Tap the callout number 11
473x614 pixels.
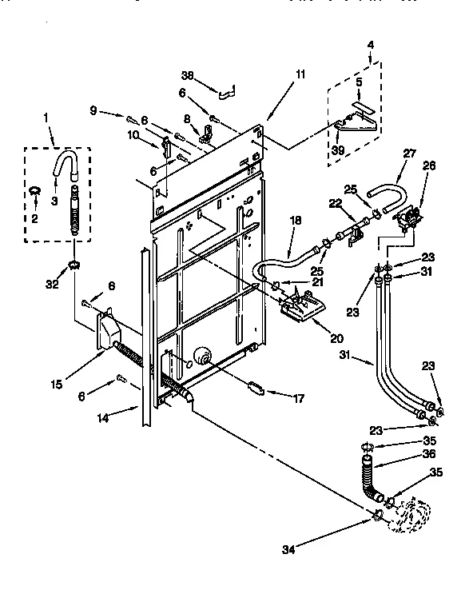click(300, 74)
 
